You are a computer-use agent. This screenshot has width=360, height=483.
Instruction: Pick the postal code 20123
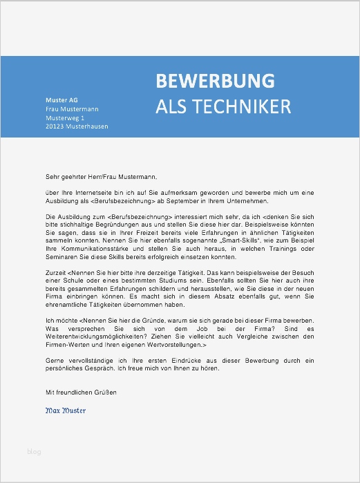coord(56,126)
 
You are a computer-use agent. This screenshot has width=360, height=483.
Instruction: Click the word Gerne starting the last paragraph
coord(55,361)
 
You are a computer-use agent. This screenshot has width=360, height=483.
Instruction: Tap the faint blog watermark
coord(34,452)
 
